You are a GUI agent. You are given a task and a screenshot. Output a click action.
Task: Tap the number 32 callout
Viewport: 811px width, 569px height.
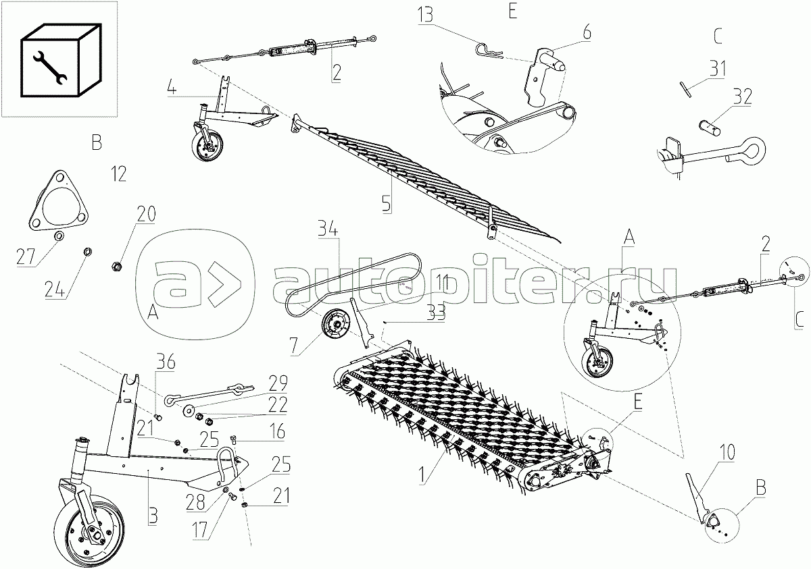[x=741, y=97]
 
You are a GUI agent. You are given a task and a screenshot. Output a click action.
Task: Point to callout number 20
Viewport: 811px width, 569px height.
[x=145, y=214]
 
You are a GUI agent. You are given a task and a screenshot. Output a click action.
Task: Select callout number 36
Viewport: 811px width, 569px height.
[x=166, y=362]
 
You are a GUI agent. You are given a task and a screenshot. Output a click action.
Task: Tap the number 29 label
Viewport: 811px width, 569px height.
[x=277, y=383]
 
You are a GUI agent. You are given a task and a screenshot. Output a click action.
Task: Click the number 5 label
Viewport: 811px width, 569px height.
[x=387, y=204]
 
